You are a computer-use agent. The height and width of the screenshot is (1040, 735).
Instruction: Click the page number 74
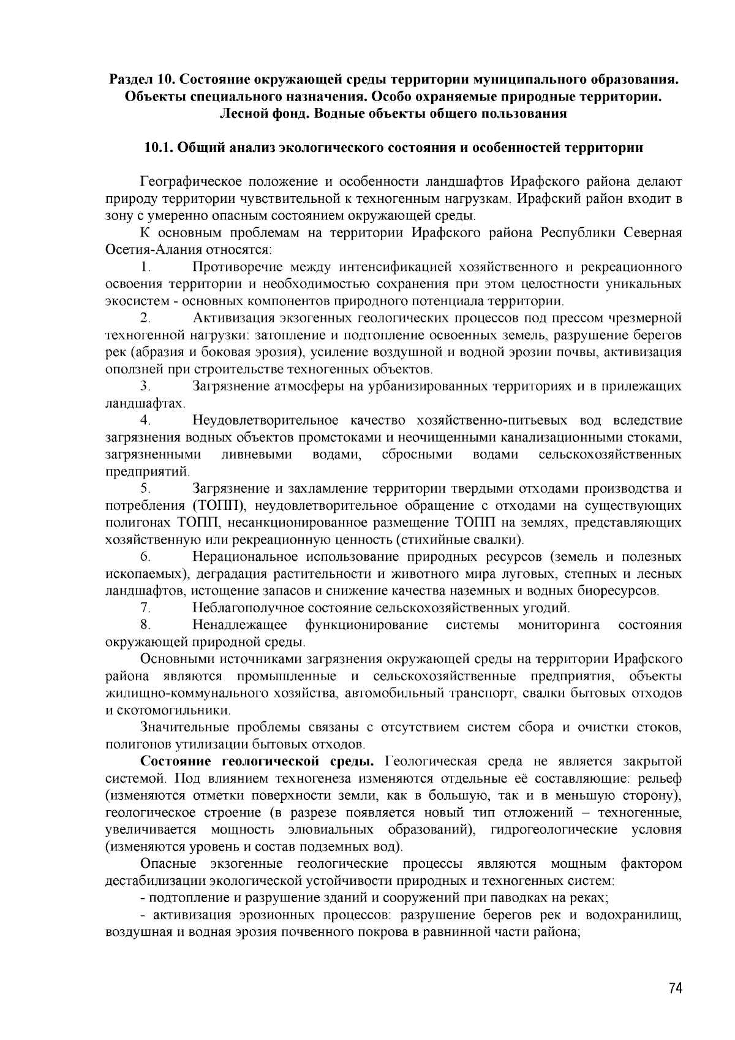pos(675,989)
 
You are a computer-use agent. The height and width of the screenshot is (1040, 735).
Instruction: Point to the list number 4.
pos(145,420)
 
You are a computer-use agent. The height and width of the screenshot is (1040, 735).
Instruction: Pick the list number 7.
pos(145,608)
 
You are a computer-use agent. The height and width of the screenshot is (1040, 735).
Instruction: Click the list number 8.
pos(145,625)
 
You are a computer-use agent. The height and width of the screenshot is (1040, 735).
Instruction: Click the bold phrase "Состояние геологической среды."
pos(258,762)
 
